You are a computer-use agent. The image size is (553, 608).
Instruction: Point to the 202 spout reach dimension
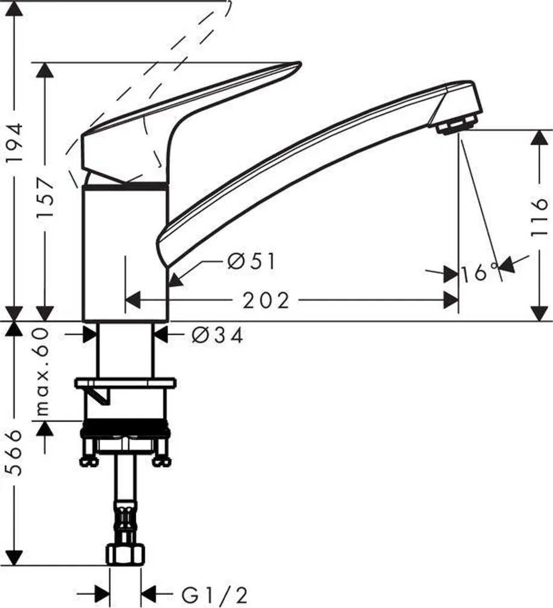tap(266, 300)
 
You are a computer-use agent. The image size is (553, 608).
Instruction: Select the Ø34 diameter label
tap(217, 335)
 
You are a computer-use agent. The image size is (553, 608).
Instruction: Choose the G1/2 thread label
tap(214, 595)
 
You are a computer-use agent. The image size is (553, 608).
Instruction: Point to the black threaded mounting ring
tap(125, 429)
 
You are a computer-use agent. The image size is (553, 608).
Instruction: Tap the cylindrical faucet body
tap(124, 253)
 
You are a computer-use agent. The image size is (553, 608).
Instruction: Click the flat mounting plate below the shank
tap(125, 382)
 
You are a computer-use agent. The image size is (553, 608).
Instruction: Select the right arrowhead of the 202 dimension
tap(451, 300)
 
